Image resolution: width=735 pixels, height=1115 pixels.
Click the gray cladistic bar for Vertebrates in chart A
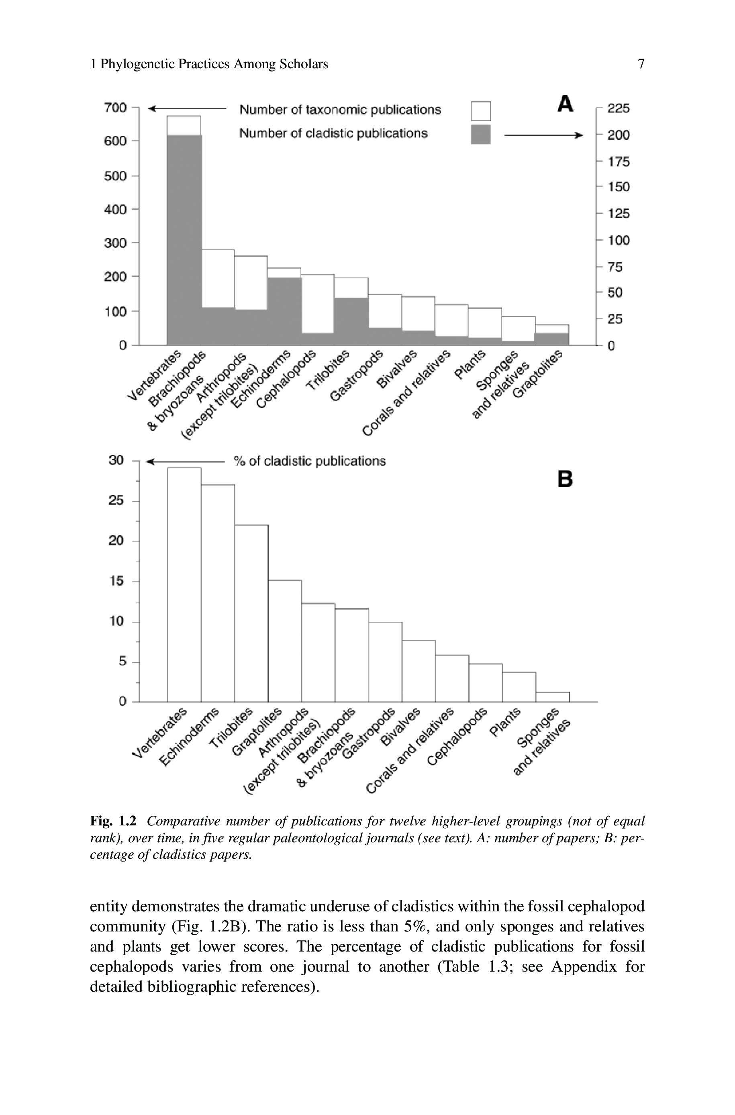(184, 239)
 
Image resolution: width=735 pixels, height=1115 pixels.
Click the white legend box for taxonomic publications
(480, 111)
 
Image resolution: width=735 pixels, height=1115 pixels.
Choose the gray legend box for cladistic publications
(480, 135)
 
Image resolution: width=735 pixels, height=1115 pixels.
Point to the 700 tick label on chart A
(115, 108)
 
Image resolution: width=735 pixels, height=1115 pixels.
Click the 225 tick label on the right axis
(618, 108)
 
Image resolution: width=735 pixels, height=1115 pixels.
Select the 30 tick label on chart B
(116, 460)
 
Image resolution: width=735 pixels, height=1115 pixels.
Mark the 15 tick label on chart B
(116, 581)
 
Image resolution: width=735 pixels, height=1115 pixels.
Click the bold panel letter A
(566, 104)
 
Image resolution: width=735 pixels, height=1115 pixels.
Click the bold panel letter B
(566, 479)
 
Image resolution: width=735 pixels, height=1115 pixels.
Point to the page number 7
(641, 64)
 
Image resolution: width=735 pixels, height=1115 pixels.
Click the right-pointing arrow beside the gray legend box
(543, 135)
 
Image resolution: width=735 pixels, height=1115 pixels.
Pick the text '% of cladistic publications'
(309, 461)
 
